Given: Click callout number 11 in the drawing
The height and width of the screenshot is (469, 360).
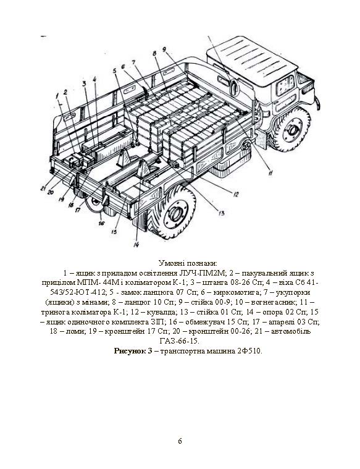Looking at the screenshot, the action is point(270,172).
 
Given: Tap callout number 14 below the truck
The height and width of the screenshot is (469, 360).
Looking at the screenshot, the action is point(136,244).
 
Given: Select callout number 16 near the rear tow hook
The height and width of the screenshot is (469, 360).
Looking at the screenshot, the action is point(102,223).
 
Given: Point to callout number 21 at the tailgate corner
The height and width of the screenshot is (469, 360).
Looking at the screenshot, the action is point(44,188).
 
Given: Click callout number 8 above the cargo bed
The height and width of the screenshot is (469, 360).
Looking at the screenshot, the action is point(154,54).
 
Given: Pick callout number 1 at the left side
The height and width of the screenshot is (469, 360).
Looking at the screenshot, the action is point(57,96).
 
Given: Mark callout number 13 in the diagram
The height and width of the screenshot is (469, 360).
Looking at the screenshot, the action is point(221,213).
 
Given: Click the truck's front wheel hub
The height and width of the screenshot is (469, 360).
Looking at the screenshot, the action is point(293,129).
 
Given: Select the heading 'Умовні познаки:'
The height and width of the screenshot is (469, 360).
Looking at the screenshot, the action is point(188,263).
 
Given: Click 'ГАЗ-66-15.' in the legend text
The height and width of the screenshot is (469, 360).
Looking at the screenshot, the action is point(180,341).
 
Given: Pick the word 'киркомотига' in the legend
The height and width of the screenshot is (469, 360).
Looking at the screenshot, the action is point(237,292).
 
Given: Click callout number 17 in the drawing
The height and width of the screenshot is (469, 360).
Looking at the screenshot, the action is point(78,209).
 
